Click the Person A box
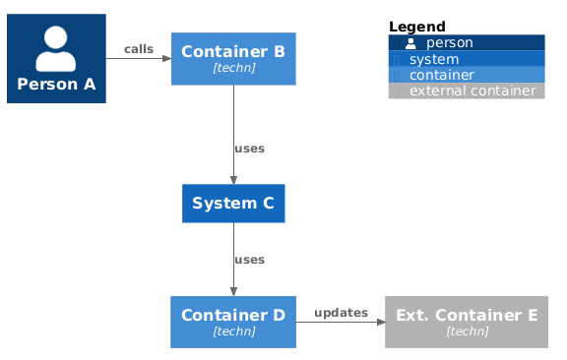click(x=56, y=59)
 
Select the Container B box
click(x=233, y=59)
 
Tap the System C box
click(x=233, y=204)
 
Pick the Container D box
click(x=233, y=322)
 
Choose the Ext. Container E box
click(x=467, y=322)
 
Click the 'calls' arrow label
click(x=139, y=49)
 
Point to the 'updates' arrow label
click(x=341, y=312)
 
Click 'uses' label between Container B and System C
click(x=249, y=149)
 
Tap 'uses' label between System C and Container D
click(x=249, y=260)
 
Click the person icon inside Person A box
click(x=56, y=47)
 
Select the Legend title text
click(x=417, y=27)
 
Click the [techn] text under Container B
click(x=233, y=69)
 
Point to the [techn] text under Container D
click(x=233, y=331)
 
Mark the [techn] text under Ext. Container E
click(x=467, y=331)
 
